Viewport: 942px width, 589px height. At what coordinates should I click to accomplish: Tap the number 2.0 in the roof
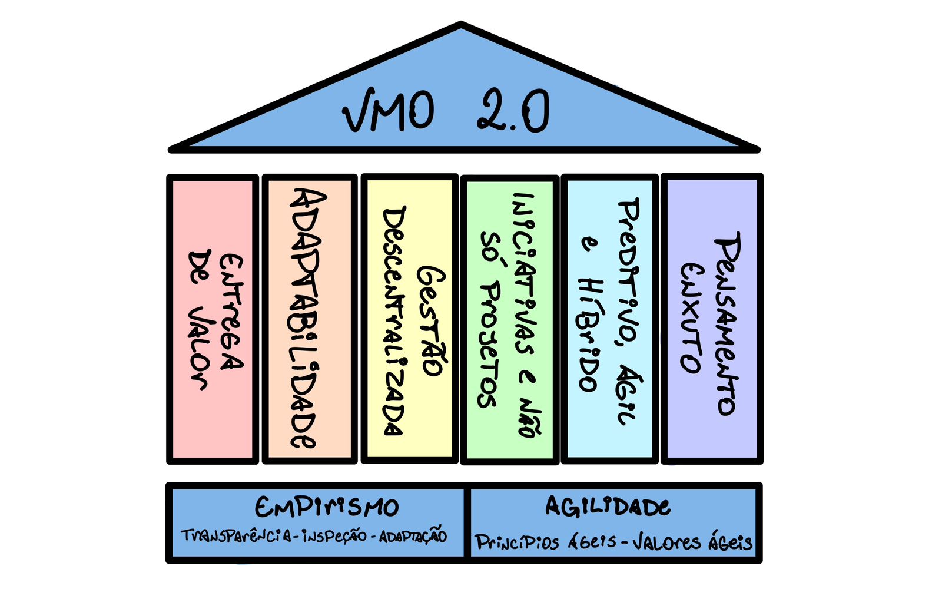[x=513, y=111]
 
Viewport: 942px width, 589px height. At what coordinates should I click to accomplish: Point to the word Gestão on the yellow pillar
[x=432, y=321]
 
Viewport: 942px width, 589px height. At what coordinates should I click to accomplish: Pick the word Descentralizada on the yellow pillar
[x=393, y=321]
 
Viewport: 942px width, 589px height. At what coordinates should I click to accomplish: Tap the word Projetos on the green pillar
[x=489, y=345]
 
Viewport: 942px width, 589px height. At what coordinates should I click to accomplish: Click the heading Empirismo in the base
[x=327, y=507]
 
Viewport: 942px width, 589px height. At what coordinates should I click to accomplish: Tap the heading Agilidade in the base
[x=608, y=507]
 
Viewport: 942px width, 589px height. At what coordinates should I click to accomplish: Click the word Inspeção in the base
[x=334, y=537]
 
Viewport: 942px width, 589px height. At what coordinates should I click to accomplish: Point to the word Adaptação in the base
[x=413, y=537]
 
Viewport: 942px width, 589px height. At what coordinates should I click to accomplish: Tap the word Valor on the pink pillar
[x=198, y=348]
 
